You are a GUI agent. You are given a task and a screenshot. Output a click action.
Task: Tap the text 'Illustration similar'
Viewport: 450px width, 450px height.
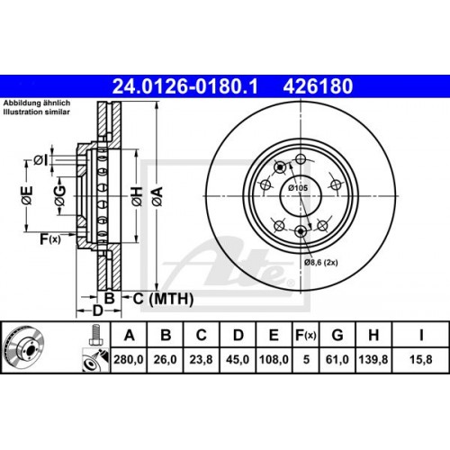32,113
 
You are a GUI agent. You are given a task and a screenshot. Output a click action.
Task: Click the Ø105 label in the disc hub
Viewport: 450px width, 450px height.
297,187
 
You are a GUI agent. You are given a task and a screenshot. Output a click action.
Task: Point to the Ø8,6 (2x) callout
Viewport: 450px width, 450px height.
321,262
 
